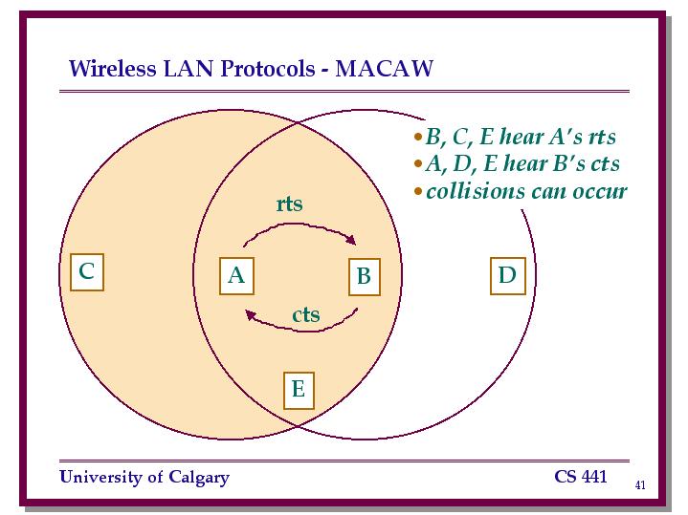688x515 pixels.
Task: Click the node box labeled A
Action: (x=236, y=276)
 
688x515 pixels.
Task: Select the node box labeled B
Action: (x=365, y=276)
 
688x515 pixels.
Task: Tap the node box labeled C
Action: (x=87, y=271)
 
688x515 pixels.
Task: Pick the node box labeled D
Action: (x=508, y=276)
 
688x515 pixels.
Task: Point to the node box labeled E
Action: (x=299, y=390)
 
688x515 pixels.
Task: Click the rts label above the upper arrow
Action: (x=290, y=204)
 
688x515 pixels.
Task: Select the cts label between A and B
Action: (x=306, y=314)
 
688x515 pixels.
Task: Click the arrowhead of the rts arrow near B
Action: (x=351, y=239)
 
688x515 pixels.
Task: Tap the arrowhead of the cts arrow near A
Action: (x=251, y=314)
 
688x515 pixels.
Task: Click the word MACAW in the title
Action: (x=385, y=69)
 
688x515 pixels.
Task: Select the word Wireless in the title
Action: (x=113, y=69)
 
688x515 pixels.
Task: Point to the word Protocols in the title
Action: (x=268, y=69)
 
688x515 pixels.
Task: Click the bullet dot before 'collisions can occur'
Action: (x=418, y=191)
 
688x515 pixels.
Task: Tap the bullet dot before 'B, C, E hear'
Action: (x=418, y=137)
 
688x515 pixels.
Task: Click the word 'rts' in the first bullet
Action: (x=602, y=137)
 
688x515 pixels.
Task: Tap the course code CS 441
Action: (x=581, y=477)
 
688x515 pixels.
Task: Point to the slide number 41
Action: (x=640, y=484)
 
